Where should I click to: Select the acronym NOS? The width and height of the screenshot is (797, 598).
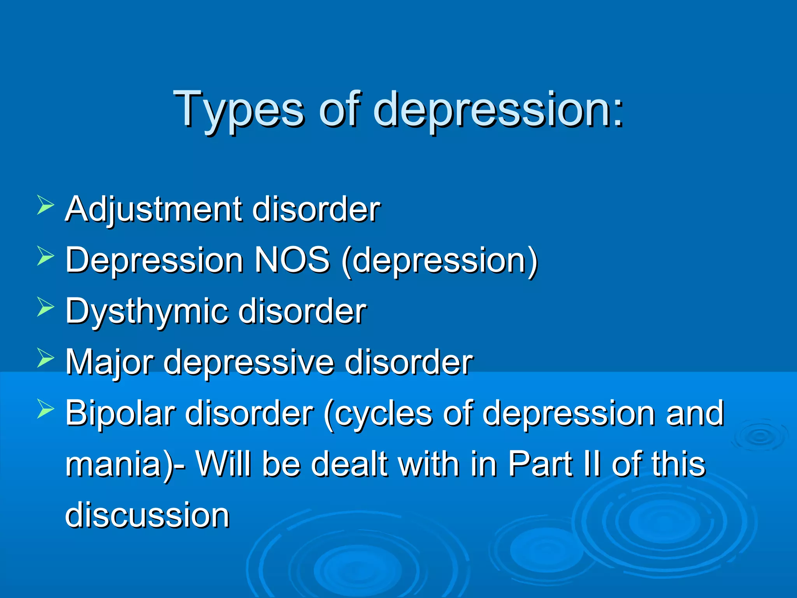coord(292,260)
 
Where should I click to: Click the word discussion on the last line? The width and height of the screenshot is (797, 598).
coord(147,515)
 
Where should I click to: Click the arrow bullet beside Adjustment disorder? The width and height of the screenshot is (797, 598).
coord(46,205)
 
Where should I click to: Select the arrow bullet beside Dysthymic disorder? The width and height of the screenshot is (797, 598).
coord(46,307)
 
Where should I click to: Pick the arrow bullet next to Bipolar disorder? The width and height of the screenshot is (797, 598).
coord(46,410)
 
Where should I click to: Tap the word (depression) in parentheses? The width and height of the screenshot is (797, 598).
coord(440,260)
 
